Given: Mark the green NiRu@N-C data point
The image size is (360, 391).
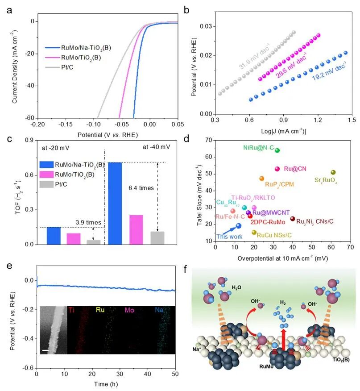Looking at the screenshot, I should (277, 150).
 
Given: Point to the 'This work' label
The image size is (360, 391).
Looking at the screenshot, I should (226, 237).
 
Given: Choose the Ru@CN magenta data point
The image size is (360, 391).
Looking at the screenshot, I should (277, 169).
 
